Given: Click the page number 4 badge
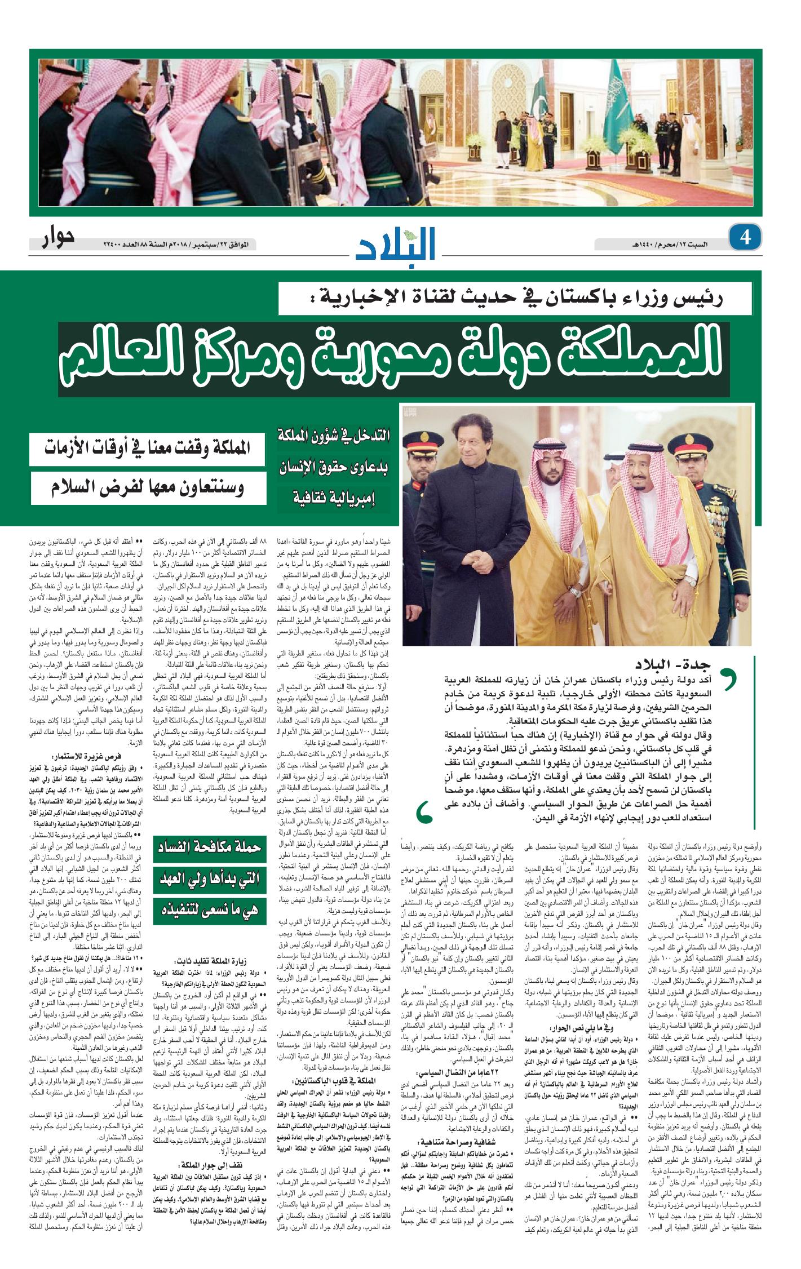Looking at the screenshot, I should coord(745,237).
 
